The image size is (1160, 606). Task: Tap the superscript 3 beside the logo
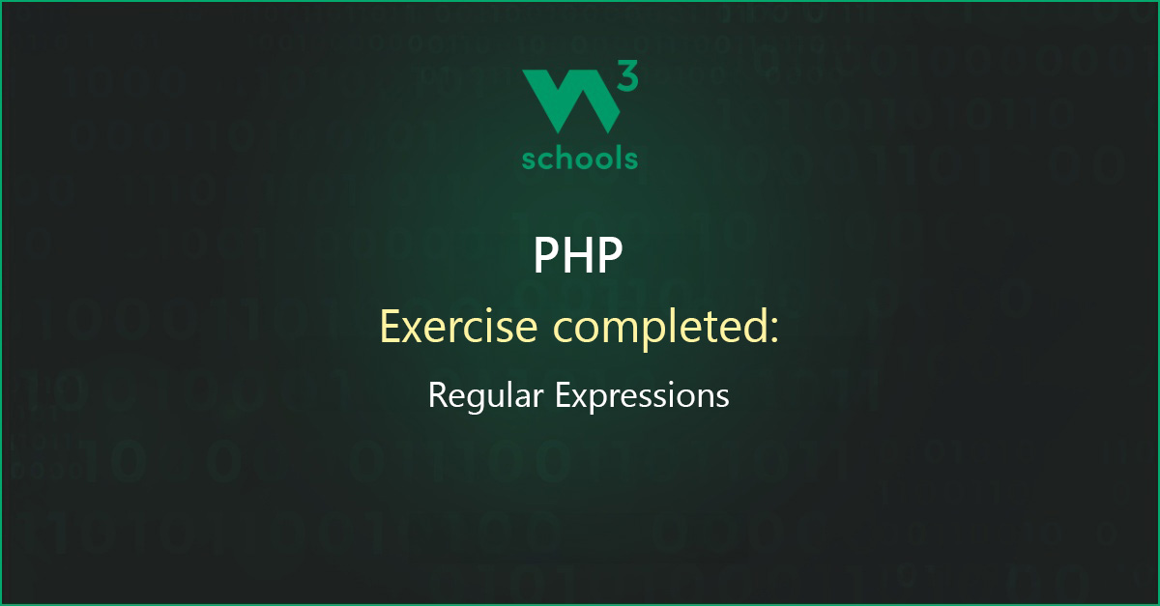628,75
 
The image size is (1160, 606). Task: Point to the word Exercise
459,327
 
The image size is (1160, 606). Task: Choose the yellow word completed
660,329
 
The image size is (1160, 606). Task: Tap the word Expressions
642,396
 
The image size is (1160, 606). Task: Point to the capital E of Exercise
391,327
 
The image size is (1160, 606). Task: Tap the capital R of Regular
438,395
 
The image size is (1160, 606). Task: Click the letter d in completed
756,327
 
